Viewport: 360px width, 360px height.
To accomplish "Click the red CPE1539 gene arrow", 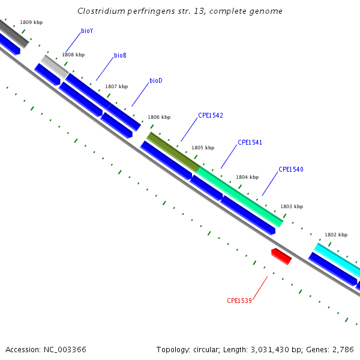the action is (x=281, y=256).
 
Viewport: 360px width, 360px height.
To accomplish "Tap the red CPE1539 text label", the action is (x=239, y=301).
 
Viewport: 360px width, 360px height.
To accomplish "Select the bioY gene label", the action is (x=87, y=31).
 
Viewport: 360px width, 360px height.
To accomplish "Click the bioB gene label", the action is (x=120, y=56).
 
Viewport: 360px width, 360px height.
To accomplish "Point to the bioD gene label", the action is (x=156, y=80).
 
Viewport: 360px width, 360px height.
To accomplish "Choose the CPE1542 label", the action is (x=211, y=115).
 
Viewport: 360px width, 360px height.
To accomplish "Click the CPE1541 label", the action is (x=250, y=143).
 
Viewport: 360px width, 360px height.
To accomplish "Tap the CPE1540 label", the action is (x=291, y=170).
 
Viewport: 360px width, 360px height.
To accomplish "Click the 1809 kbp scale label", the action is (x=31, y=22).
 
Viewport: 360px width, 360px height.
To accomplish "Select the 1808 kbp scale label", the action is (x=73, y=55).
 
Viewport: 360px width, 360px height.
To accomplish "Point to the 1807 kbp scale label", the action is (x=116, y=86).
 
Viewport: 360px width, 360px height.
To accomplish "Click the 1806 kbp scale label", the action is (x=159, y=118).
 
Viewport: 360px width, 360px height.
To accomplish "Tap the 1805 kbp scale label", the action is (x=203, y=148).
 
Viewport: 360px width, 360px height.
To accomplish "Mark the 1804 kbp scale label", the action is (x=247, y=178).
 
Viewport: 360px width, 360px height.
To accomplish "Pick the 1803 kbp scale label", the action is (x=292, y=206).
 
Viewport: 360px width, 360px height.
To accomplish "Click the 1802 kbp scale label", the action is (x=336, y=235).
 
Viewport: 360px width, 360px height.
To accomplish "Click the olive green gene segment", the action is (x=173, y=151).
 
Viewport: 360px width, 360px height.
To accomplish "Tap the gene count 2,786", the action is (x=343, y=349).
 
